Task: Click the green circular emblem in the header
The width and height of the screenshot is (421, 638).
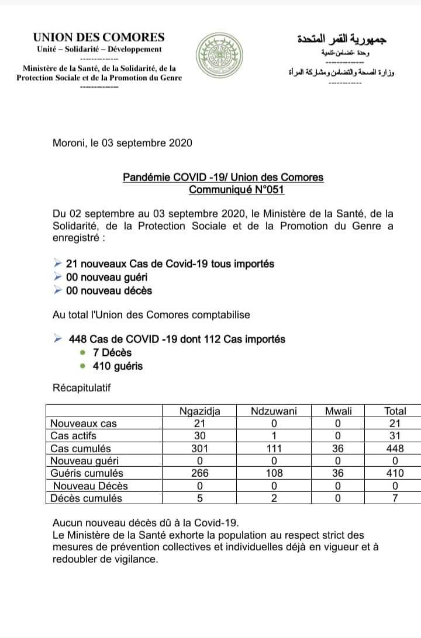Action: (x=216, y=57)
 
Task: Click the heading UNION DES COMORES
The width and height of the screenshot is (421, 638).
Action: (x=99, y=37)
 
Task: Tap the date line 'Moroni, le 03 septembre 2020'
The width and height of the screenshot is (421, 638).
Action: (x=122, y=143)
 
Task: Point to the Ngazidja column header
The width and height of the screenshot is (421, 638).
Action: (x=199, y=411)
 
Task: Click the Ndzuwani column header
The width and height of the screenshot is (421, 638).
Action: (x=274, y=411)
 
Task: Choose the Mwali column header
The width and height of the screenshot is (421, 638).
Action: (x=339, y=411)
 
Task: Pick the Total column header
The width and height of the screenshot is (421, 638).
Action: (x=395, y=411)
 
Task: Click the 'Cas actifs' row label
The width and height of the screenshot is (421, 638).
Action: (x=74, y=436)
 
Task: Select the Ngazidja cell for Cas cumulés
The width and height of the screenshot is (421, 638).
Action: (x=199, y=449)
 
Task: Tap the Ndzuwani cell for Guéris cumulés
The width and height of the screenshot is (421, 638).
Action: (x=274, y=473)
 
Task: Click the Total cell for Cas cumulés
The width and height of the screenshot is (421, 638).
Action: (x=395, y=449)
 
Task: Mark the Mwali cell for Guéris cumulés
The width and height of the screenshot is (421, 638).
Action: (x=339, y=473)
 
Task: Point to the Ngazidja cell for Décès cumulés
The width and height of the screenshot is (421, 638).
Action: (x=199, y=498)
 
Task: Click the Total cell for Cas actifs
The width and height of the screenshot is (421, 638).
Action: (x=395, y=436)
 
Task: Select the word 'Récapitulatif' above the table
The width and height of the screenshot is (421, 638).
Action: (x=81, y=387)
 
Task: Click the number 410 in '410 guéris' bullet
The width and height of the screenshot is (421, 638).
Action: (x=101, y=366)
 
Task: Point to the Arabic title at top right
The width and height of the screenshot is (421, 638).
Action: (x=342, y=39)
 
